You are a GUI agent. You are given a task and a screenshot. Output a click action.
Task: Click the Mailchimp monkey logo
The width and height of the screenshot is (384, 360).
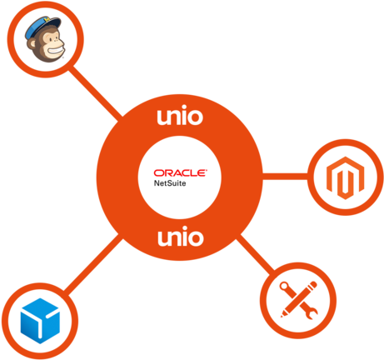coord(45,39)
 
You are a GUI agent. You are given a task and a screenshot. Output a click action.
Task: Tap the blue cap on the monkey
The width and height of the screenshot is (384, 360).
coord(42,27)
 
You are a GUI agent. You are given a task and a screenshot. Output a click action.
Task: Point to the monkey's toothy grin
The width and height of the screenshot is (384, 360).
coord(57,52)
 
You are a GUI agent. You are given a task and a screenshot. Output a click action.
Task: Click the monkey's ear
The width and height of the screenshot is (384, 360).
coord(32,43)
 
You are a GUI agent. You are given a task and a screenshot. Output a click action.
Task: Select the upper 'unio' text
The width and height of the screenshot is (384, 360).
coord(180,116)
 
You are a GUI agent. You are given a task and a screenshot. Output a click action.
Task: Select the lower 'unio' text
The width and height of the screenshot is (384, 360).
coord(181,237)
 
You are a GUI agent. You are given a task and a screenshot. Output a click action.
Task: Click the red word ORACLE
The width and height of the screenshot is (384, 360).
coord(180,172)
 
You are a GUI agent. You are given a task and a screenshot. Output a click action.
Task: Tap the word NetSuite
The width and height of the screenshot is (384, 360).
coord(170,183)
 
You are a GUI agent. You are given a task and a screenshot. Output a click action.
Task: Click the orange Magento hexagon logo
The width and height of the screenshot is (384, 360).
coord(345,177)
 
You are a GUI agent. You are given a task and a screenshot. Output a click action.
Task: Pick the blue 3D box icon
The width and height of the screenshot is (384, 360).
coord(40,321)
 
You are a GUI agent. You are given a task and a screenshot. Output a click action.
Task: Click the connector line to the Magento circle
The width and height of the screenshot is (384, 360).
coord(286,177)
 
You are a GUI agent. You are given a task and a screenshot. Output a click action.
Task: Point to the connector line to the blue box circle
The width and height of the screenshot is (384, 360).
coord(93,264)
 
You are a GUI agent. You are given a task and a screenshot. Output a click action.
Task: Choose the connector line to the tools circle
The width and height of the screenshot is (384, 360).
coord(256,253)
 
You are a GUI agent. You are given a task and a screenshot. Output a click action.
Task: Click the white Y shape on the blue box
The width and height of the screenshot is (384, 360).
coord(41,322)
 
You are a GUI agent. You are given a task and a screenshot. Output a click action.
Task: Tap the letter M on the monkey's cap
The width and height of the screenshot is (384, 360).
coord(47,20)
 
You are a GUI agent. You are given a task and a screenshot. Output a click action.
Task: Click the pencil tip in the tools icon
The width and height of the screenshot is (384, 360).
coord(282,316)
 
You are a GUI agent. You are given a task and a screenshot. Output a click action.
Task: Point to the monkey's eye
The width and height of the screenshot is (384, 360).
coord(52,39)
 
